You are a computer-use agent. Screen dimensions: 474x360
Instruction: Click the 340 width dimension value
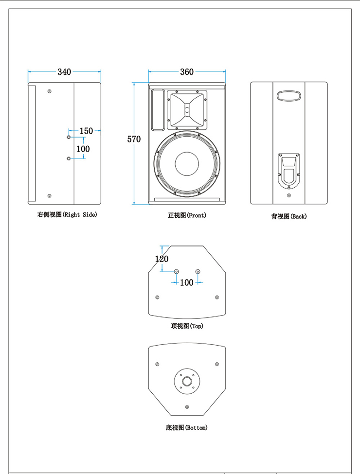tap(64, 72)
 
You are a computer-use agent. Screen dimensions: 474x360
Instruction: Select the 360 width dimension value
tap(187, 72)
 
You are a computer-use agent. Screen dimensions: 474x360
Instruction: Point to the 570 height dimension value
tap(134, 139)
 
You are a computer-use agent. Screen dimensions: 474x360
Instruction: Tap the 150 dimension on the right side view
tap(86, 131)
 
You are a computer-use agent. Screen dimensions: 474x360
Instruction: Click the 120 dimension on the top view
tap(162, 259)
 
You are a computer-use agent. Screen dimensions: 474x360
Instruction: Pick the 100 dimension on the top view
tap(187, 282)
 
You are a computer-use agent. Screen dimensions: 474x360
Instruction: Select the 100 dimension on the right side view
tap(83, 149)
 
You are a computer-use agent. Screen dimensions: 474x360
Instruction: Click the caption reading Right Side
tap(67, 214)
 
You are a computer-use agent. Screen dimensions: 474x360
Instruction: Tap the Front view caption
tap(187, 215)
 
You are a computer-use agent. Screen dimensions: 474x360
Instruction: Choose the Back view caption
tap(289, 216)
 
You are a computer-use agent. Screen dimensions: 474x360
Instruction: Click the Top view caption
tap(187, 326)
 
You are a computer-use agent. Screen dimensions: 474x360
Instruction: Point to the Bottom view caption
tap(187, 428)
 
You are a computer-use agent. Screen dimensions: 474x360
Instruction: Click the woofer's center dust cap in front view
tap(187, 164)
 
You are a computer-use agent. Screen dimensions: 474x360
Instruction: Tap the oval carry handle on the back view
tap(289, 95)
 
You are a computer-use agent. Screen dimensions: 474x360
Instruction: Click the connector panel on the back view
tap(289, 170)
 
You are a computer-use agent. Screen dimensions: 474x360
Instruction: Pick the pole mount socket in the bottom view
tap(187, 380)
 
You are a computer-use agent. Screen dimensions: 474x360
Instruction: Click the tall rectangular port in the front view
tap(157, 110)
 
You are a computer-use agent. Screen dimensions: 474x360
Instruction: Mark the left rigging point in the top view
tap(176, 271)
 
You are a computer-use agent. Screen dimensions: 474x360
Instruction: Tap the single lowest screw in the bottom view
tap(187, 406)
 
